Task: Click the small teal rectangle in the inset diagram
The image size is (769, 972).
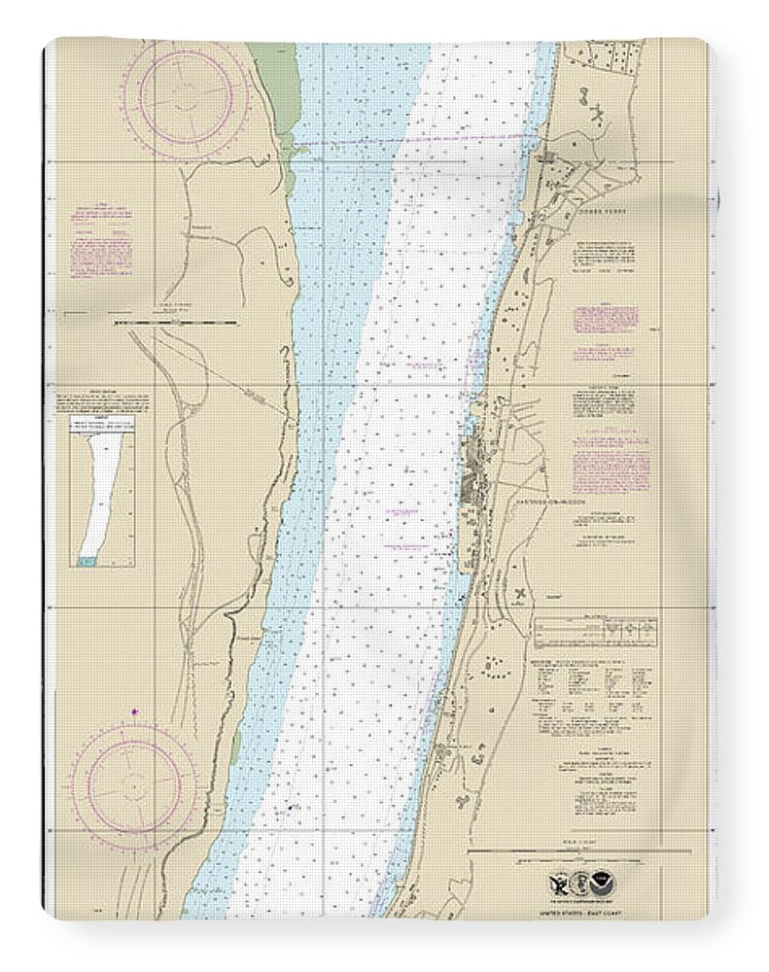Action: [87, 561]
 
